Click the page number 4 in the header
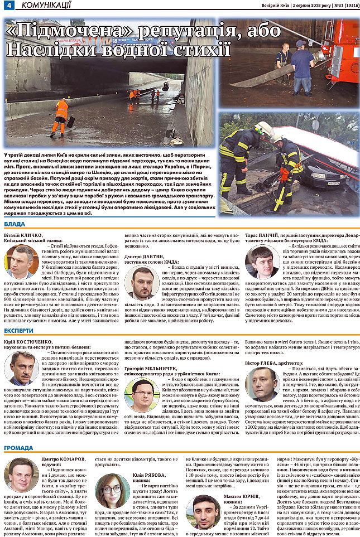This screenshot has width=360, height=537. [8, 6]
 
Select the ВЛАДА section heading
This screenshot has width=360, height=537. [15, 224]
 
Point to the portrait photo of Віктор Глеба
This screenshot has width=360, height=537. [261, 383]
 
